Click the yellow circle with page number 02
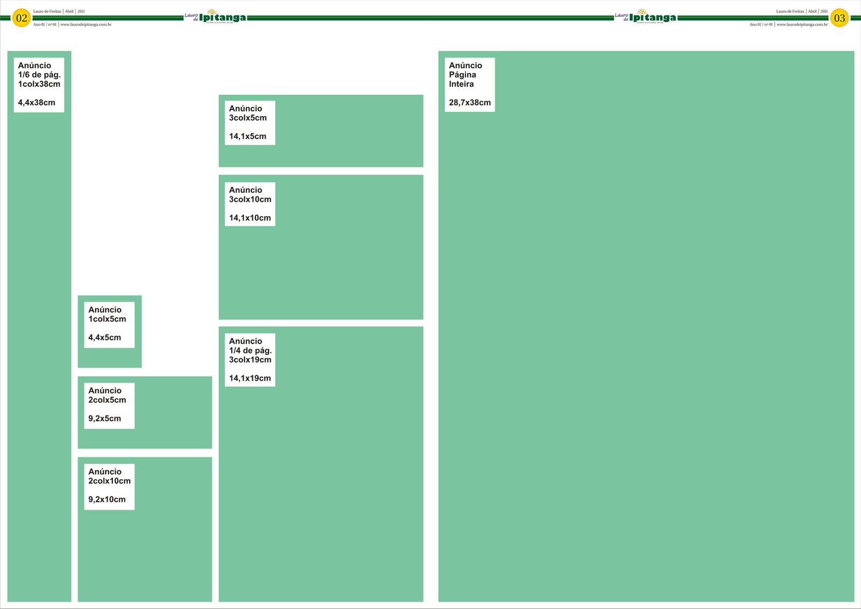pyautogui.click(x=22, y=18)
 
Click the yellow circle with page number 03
pyautogui.click(x=839, y=18)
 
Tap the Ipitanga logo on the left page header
pyautogui.click(x=216, y=17)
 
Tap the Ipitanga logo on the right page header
pyautogui.click(x=646, y=17)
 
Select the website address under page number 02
pyautogui.click(x=86, y=25)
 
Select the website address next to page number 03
pyautogui.click(x=802, y=25)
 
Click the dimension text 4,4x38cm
pyautogui.click(x=37, y=102)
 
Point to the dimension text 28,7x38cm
pyautogui.click(x=470, y=102)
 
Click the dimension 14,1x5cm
pyautogui.click(x=248, y=136)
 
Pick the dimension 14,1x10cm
pyautogui.click(x=250, y=218)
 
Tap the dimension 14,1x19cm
pyautogui.click(x=250, y=378)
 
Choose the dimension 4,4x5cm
pyautogui.click(x=104, y=338)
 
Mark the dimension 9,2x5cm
pyautogui.click(x=104, y=418)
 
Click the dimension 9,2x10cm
pyautogui.click(x=107, y=499)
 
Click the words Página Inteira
pyautogui.click(x=462, y=80)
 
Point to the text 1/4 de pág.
pyautogui.click(x=250, y=351)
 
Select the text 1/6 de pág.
pyautogui.click(x=39, y=75)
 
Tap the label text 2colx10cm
pyautogui.click(x=109, y=481)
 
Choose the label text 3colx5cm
pyautogui.click(x=248, y=118)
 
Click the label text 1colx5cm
pyautogui.click(x=107, y=319)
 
